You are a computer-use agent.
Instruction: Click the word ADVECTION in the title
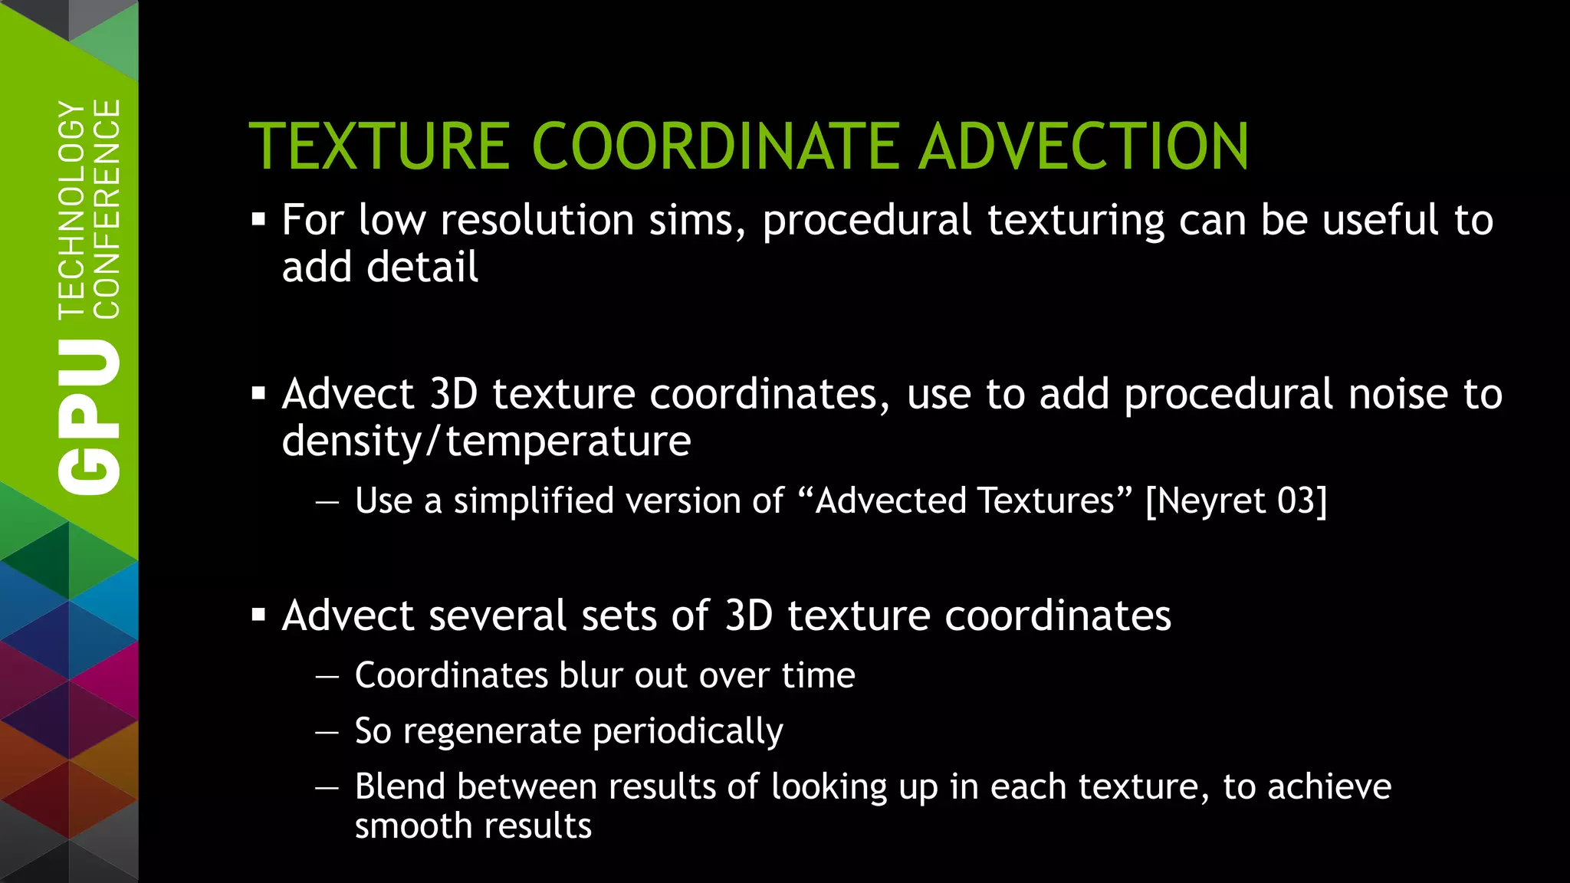click(1084, 146)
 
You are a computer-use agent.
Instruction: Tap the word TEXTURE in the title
click(379, 146)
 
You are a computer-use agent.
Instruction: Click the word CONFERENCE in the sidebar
click(107, 208)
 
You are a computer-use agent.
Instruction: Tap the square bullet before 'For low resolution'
click(258, 221)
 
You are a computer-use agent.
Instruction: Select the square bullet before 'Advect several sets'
click(258, 615)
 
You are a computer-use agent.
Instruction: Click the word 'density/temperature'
click(486, 441)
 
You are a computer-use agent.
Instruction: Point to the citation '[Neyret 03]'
click(1236, 501)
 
